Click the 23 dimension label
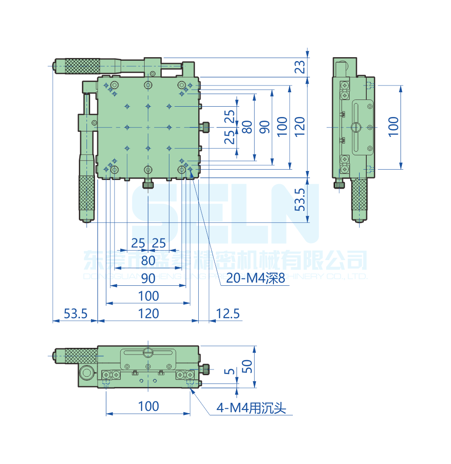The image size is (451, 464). tap(301, 67)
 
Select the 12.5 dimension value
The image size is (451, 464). tap(228, 314)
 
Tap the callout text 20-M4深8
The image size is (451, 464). tap(255, 279)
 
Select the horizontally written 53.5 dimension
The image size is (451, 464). tap(75, 314)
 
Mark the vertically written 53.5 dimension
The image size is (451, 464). tap(301, 200)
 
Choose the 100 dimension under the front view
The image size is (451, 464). tap(148, 406)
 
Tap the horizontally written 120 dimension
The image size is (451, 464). tap(148, 314)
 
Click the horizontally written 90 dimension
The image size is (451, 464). tap(148, 278)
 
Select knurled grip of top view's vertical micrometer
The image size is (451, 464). tap(87, 194)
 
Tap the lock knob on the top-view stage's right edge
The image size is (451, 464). tap(205, 127)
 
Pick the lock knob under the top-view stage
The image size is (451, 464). tap(148, 185)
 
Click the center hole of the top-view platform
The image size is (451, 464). tap(148, 127)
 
